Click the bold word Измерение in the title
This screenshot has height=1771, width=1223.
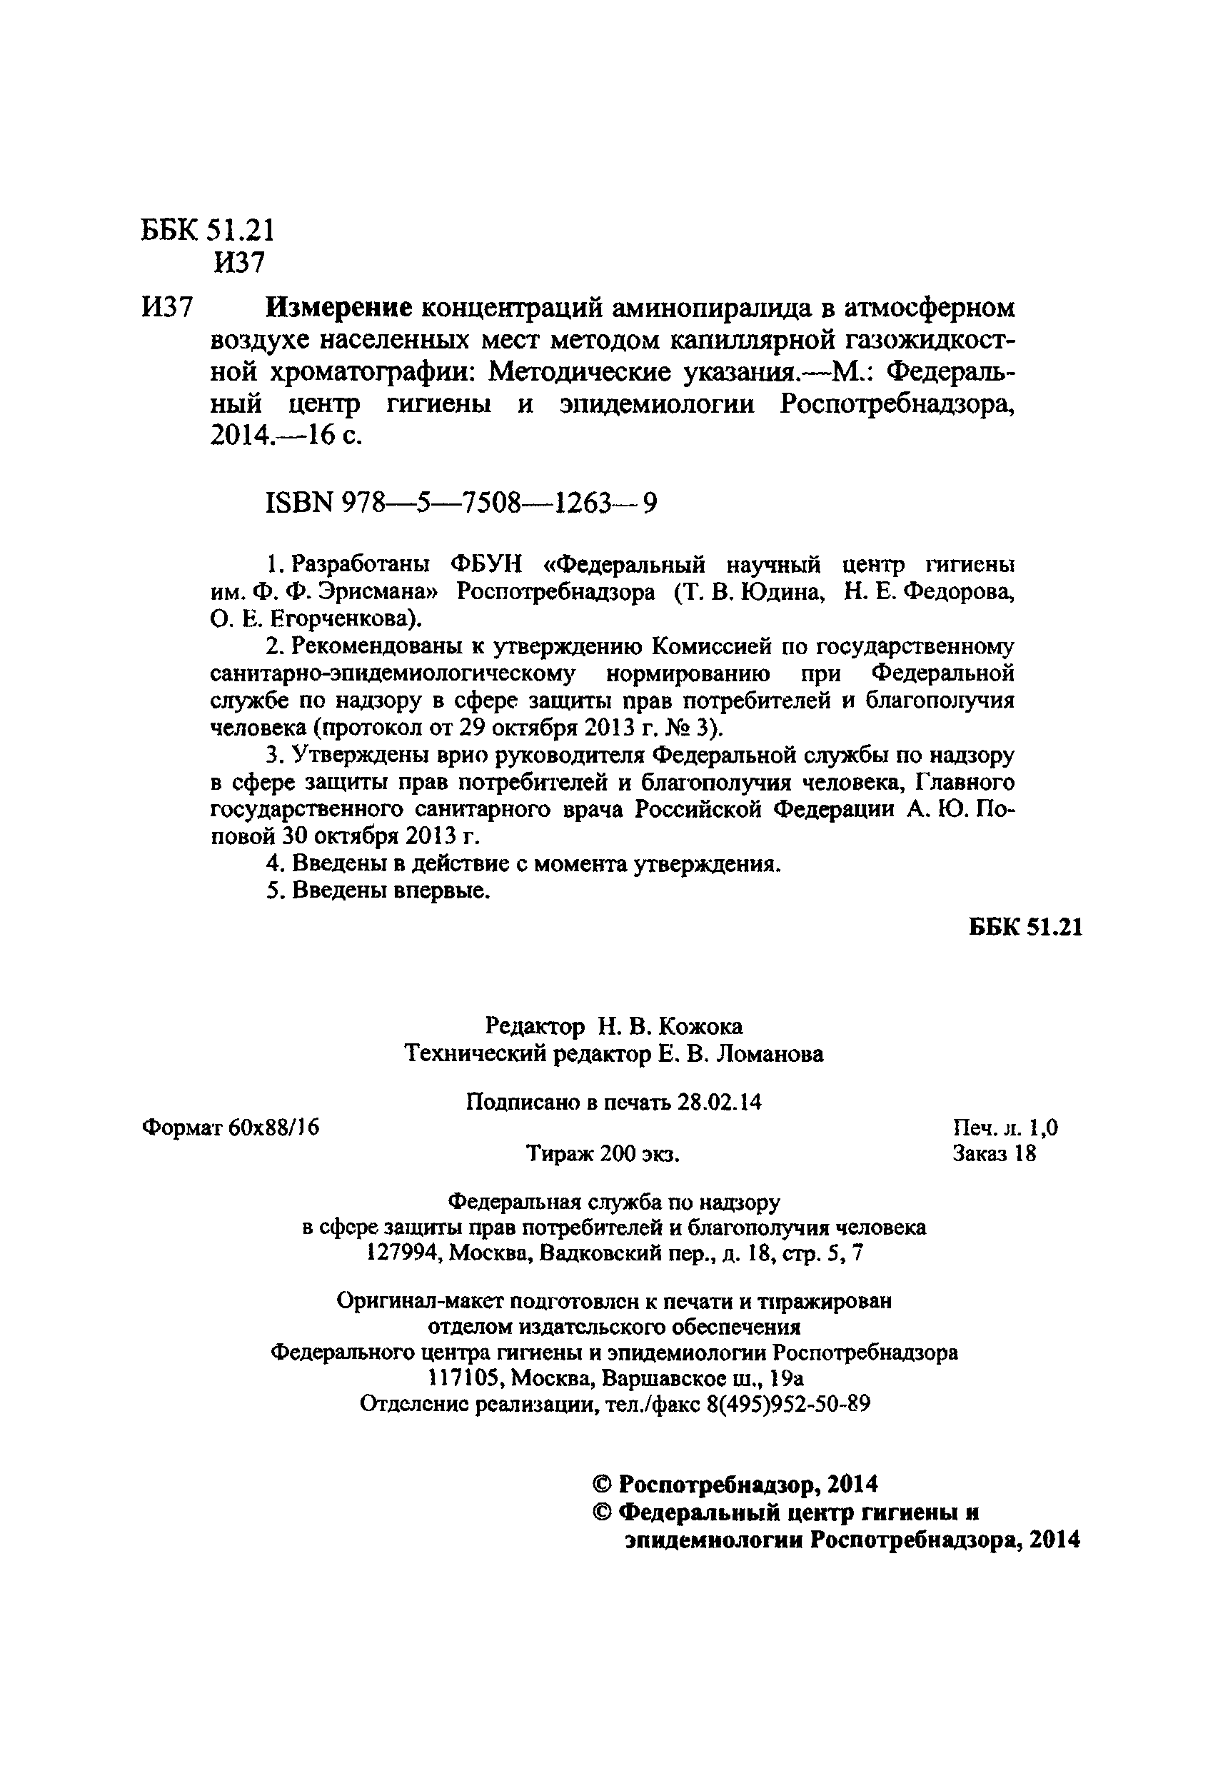coord(338,308)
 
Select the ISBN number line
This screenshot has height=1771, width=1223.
coord(460,503)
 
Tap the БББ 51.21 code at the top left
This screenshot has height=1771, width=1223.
coord(208,230)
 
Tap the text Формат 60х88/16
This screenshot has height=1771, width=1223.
coord(231,1128)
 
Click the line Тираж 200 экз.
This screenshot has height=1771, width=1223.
coord(603,1153)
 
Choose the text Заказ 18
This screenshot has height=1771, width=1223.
coord(994,1153)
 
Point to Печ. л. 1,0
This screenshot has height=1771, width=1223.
coord(1005,1128)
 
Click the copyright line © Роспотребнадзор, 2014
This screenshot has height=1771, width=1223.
coord(735,1485)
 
